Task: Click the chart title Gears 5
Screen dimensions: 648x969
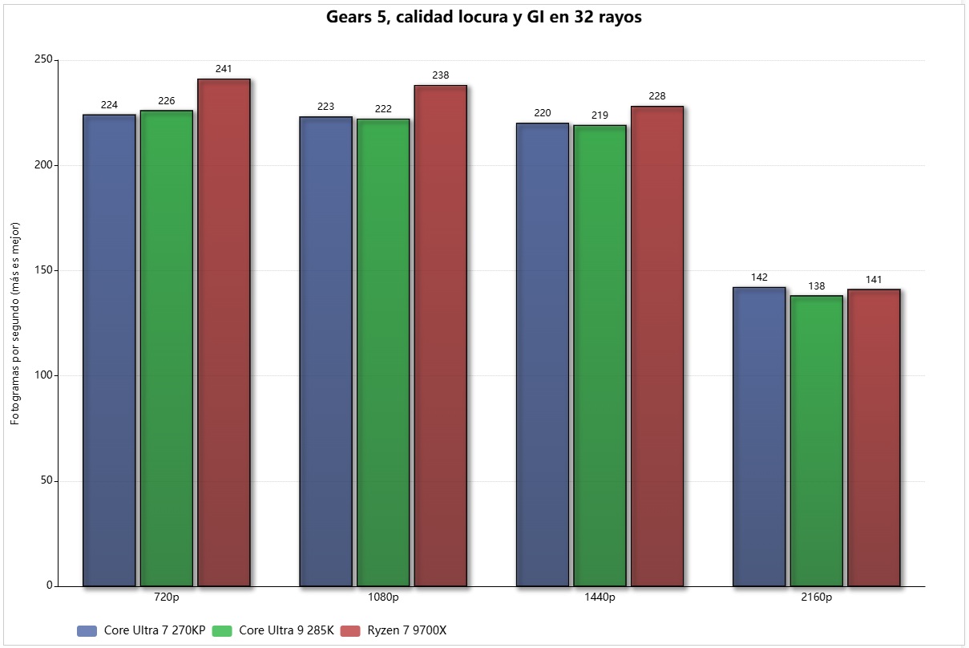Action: point(483,18)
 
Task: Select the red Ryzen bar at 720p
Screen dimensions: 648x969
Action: point(224,332)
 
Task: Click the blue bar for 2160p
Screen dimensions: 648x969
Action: point(759,436)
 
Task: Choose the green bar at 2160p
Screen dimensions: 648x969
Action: point(816,440)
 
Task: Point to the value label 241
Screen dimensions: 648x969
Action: point(224,69)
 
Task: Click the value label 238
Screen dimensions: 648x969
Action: point(440,75)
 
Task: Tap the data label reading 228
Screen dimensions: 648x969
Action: point(657,96)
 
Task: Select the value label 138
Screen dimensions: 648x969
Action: point(816,286)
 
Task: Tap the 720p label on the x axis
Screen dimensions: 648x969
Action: point(167,597)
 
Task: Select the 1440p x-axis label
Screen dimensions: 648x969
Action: point(600,597)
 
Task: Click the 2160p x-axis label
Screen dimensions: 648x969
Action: point(816,597)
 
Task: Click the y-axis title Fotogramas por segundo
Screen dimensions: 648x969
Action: point(15,324)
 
